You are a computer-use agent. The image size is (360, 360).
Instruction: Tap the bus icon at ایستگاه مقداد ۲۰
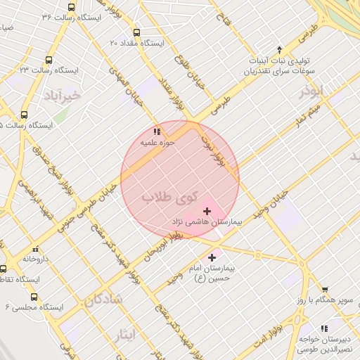point(136,32)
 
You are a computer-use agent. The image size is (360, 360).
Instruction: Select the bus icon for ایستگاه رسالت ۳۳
point(49,60)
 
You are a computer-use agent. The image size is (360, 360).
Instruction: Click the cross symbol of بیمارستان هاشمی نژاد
point(207,211)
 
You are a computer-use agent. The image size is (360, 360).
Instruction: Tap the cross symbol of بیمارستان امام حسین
point(212,258)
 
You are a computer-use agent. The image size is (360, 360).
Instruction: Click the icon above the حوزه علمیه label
point(156,131)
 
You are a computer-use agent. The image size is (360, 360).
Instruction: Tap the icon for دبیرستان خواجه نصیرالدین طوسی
point(324,328)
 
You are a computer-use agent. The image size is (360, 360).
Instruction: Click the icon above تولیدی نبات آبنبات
point(280,49)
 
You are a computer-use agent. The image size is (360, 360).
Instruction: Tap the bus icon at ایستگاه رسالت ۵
point(25,115)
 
